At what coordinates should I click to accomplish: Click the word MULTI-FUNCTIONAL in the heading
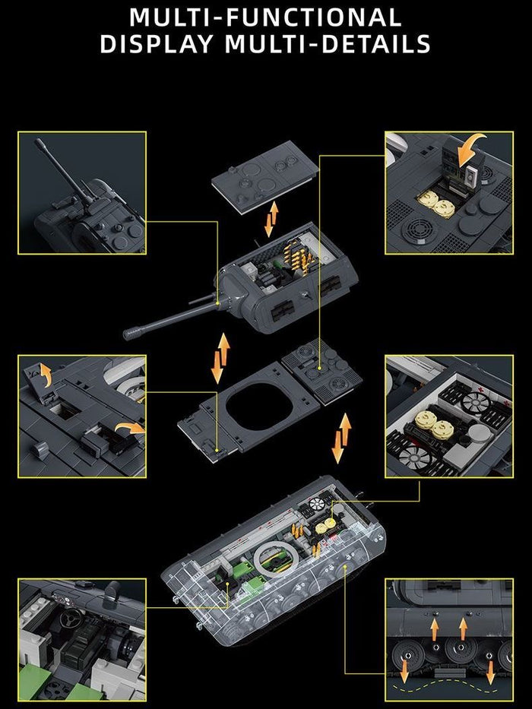(265, 17)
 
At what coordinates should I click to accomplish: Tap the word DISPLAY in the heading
(157, 44)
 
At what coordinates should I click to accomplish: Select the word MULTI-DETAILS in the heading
(328, 44)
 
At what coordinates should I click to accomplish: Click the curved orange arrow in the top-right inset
(470, 150)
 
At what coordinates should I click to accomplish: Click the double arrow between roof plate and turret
(271, 220)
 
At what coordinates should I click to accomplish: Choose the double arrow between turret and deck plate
(220, 358)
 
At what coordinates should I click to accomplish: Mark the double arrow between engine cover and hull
(341, 438)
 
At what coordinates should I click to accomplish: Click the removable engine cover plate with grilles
(321, 372)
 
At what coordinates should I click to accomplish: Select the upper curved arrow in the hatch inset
(46, 375)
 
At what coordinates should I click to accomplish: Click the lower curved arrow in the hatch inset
(130, 428)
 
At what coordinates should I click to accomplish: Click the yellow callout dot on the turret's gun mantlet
(217, 303)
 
